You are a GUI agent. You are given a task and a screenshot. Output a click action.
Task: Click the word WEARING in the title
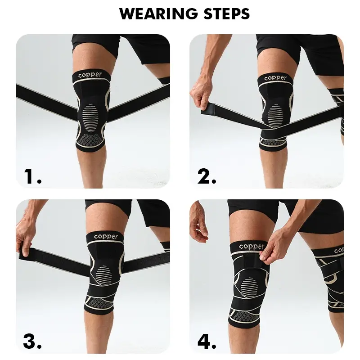(x=158, y=14)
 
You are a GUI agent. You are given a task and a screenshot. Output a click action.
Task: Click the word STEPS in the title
(x=227, y=14)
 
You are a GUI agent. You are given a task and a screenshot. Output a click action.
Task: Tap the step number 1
(x=32, y=176)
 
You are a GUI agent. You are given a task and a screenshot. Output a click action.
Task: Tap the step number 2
(x=207, y=176)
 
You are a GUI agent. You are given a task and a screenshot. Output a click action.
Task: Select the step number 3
(x=32, y=342)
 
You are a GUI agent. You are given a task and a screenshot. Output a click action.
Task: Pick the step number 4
(x=207, y=342)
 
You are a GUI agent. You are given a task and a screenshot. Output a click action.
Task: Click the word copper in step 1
(x=90, y=75)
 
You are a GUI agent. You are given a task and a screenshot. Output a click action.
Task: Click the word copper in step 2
(x=275, y=78)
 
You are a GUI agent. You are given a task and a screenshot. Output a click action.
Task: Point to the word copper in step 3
(x=106, y=237)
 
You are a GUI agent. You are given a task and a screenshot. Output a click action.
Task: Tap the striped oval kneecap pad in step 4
(x=250, y=288)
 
